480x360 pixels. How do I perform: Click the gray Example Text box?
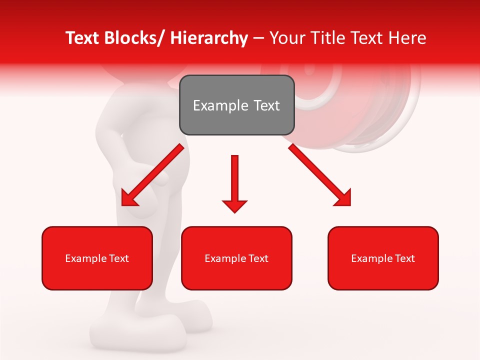(x=236, y=105)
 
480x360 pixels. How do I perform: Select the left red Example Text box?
(x=97, y=258)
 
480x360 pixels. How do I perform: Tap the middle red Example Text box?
(x=236, y=258)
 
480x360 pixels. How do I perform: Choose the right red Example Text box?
(x=383, y=258)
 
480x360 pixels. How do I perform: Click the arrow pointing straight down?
(x=234, y=183)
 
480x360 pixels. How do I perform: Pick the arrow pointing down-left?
(x=152, y=175)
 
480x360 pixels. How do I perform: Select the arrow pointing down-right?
(x=320, y=175)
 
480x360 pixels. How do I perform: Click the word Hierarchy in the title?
(x=209, y=38)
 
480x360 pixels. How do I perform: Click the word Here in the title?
(x=408, y=38)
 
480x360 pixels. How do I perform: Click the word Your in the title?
(x=286, y=38)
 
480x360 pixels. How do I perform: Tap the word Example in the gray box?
(x=220, y=105)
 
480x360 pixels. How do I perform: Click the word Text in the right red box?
(x=404, y=258)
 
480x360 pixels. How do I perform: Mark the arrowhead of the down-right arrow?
(x=343, y=198)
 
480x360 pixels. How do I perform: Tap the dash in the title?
(x=258, y=38)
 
